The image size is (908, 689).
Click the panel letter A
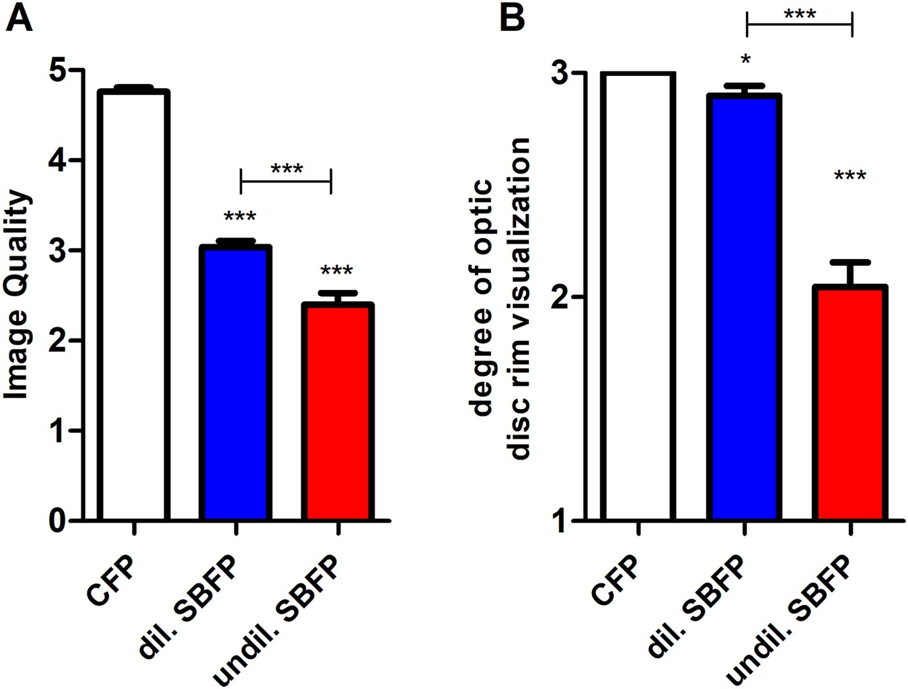(x=18, y=18)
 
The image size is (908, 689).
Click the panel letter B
(x=513, y=18)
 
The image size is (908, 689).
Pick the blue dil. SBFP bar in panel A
(x=235, y=384)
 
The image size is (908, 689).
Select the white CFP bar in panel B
(x=638, y=296)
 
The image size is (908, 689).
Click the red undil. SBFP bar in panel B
(x=851, y=404)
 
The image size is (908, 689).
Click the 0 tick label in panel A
(x=59, y=521)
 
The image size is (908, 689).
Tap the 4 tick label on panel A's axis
(x=59, y=160)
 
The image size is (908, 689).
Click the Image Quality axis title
(x=18, y=295)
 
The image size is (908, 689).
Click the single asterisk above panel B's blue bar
(x=745, y=61)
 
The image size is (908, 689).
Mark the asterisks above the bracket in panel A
(x=287, y=168)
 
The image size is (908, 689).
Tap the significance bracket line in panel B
(x=799, y=25)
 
